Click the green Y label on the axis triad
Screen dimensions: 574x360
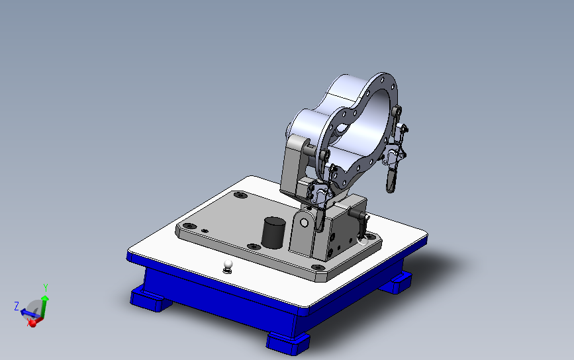pos(46,288)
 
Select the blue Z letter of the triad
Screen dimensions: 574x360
pos(17,306)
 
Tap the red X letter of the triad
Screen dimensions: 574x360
pos(28,322)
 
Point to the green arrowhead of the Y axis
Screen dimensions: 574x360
pos(44,298)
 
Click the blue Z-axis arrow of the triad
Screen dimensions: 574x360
pos(28,314)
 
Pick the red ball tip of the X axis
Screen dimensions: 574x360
pos(32,323)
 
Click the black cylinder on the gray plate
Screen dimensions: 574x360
pos(273,233)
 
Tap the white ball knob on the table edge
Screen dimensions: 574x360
pos(228,266)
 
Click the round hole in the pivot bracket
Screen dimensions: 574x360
pos(304,222)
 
